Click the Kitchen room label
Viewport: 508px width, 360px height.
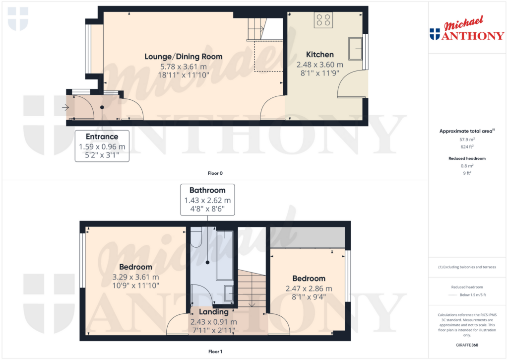tap(319, 55)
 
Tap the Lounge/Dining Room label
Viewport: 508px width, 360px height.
tap(183, 57)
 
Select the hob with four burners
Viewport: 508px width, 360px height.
tap(323, 20)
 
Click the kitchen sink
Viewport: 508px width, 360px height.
tap(355, 48)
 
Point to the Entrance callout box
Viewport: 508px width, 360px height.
tap(102, 146)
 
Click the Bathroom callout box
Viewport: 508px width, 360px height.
tap(207, 200)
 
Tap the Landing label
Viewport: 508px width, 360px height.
tap(213, 312)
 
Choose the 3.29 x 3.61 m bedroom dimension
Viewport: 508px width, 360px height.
tap(135, 277)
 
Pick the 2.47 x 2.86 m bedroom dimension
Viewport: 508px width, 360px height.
tap(309, 288)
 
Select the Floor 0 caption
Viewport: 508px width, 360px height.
tap(215, 173)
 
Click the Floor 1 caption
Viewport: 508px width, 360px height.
tap(215, 352)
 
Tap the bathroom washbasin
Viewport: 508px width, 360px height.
tap(230, 293)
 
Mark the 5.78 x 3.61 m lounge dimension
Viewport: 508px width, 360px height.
tap(183, 67)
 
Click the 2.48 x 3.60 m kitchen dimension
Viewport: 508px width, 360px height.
tap(319, 65)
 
